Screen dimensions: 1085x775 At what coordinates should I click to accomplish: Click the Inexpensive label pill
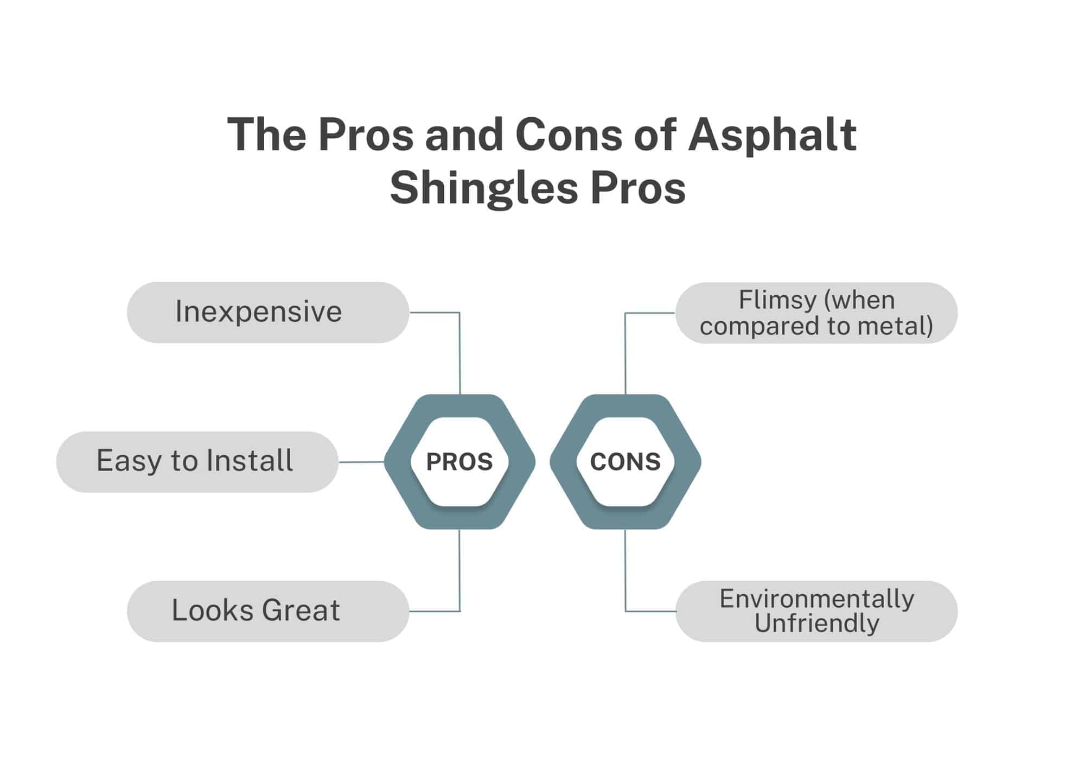click(x=268, y=312)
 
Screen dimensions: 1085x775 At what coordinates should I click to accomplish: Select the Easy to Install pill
click(x=197, y=462)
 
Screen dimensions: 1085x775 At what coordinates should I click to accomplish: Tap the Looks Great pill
click(x=268, y=611)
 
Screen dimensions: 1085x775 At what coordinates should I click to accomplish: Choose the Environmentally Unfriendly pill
click(x=816, y=611)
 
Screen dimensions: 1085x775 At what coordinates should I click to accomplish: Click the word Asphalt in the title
click(x=773, y=136)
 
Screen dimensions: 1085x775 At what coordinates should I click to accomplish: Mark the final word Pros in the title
click(x=638, y=189)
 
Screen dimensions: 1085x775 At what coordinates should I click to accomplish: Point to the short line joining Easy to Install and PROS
click(x=362, y=462)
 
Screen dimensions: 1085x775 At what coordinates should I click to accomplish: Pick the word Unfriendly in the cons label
click(x=816, y=624)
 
